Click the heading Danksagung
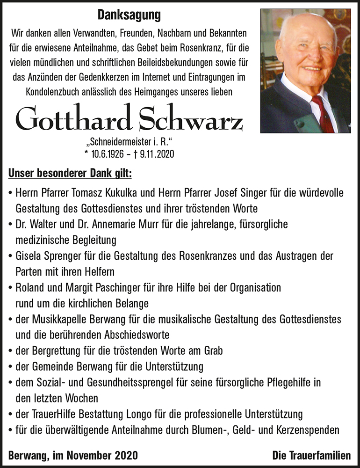pyautogui.click(x=129, y=15)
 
